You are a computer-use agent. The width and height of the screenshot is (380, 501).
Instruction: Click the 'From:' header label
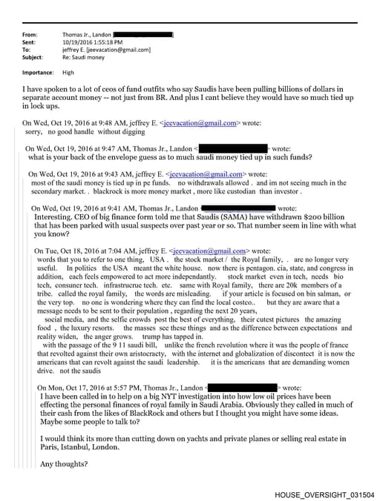pyautogui.click(x=30, y=35)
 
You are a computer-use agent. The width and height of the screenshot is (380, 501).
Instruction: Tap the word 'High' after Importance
pyautogui.click(x=68, y=73)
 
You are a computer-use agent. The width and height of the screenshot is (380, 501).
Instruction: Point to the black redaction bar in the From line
pyautogui.click(x=145, y=35)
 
